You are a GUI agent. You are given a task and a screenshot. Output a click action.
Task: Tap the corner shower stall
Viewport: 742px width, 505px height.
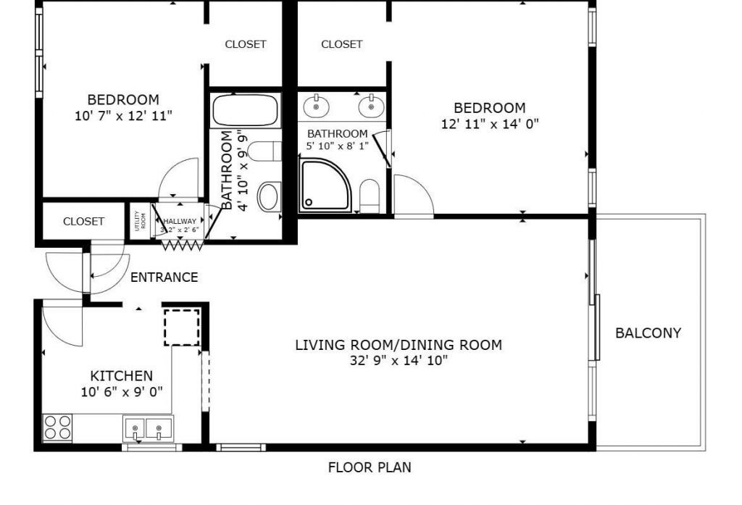[x=324, y=186]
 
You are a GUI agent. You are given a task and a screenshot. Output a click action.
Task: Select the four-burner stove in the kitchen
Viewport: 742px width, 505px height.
[x=58, y=427]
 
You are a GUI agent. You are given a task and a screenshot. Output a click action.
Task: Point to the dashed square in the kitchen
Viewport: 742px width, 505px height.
[x=182, y=327]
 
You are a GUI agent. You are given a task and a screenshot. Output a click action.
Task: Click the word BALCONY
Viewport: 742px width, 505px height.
[x=648, y=333]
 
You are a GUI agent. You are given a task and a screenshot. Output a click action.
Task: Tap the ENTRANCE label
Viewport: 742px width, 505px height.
[x=164, y=277]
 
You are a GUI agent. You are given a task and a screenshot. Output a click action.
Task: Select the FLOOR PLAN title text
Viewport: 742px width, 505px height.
[x=370, y=467]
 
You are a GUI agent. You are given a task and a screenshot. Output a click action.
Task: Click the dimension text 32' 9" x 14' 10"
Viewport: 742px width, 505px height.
[x=398, y=360]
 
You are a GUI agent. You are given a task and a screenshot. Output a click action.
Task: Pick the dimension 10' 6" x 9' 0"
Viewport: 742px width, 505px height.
[x=122, y=391]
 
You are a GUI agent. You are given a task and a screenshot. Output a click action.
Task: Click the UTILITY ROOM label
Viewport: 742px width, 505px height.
[x=138, y=221]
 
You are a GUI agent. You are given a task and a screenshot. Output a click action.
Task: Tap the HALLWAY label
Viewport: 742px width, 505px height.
[x=179, y=222]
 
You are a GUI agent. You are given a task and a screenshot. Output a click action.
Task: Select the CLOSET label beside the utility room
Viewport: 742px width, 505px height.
[x=83, y=222]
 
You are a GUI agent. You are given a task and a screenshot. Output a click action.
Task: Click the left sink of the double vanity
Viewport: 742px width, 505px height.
[x=317, y=107]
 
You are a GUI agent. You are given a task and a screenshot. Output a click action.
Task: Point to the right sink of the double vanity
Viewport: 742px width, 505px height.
[x=371, y=107]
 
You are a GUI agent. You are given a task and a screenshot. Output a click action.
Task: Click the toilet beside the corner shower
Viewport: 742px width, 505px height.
[x=370, y=196]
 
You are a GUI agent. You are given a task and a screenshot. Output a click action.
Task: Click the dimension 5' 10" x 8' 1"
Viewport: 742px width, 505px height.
[x=337, y=146]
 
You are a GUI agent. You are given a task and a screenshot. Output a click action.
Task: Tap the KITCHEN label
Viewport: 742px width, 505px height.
[x=121, y=375]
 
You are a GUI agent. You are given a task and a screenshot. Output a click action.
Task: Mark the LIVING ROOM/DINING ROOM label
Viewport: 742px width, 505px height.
[x=398, y=345]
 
